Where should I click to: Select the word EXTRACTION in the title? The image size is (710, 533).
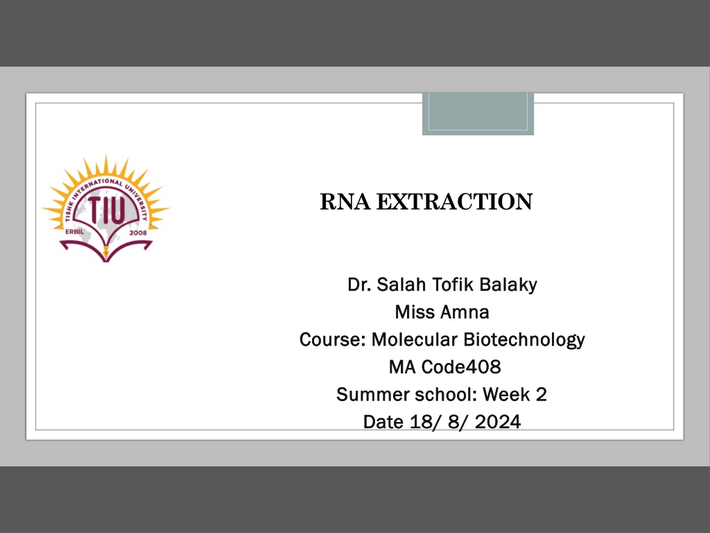click(x=455, y=202)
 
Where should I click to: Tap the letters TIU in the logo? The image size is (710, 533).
click(x=106, y=211)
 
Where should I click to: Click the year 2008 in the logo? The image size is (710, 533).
click(x=138, y=232)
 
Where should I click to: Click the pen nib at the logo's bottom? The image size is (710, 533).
click(x=106, y=253)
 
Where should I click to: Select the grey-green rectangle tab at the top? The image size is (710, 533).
click(x=478, y=114)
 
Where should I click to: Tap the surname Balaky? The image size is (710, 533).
click(x=508, y=285)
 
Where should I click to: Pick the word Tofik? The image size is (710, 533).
click(x=453, y=285)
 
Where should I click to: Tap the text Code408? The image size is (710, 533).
click(x=461, y=367)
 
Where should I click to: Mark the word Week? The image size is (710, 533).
click(x=506, y=395)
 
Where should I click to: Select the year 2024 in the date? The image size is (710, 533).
click(x=498, y=422)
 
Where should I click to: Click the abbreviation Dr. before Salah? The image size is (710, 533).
click(x=359, y=285)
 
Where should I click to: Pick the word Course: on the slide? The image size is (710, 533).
click(x=333, y=339)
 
